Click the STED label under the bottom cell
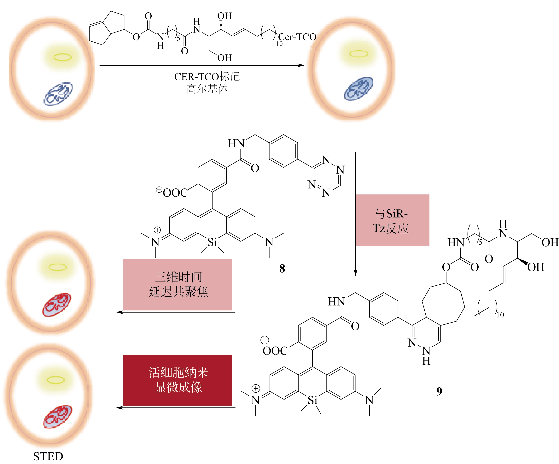click(48, 456)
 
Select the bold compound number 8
click(282, 269)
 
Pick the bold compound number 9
click(439, 391)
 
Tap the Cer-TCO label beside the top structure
click(297, 37)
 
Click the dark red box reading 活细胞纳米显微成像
click(178, 380)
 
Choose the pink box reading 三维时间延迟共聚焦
click(178, 284)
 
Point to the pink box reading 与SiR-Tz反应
click(392, 220)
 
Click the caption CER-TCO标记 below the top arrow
click(207, 77)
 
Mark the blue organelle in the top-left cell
click(58, 94)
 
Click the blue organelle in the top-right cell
click(358, 89)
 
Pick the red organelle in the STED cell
click(57, 417)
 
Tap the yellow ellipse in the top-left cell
click(63, 57)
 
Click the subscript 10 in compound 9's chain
click(500, 315)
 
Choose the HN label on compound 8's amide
click(236, 144)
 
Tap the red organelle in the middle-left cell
click(57, 304)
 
